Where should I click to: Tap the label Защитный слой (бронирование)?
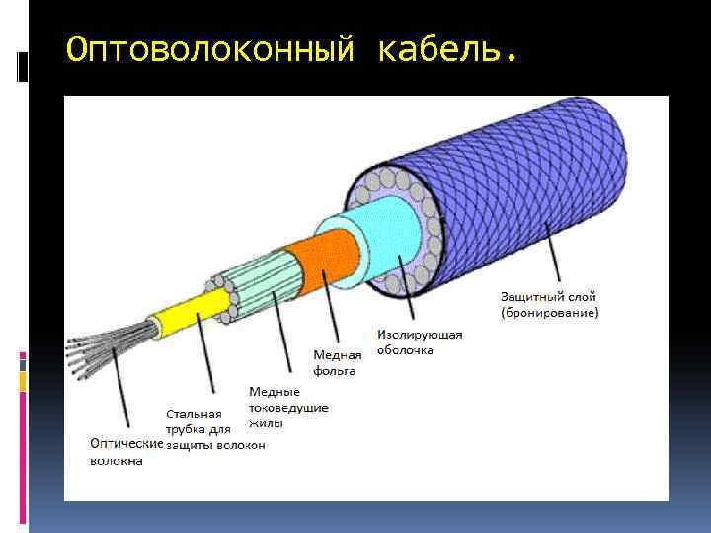coord(549,304)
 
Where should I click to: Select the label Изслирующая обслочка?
coord(420,342)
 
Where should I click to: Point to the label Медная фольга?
coord(338,362)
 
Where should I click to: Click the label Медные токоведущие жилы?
coord(288,407)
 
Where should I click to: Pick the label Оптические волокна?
coord(125,451)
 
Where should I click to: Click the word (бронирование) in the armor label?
coord(549,313)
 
